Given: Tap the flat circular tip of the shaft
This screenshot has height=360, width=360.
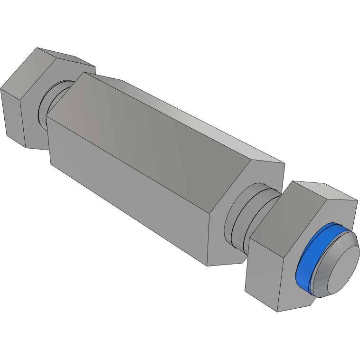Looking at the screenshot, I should coord(338,268).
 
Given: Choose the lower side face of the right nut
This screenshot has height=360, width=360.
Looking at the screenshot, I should coord(261,275).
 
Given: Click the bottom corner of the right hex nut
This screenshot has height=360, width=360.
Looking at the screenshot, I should coord(278,312).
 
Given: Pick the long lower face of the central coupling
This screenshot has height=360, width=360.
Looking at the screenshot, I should coord(128,190).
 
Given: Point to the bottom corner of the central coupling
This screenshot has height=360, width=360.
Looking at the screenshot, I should coord(208,265).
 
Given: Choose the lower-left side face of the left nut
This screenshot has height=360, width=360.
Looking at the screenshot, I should coord(12,114).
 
